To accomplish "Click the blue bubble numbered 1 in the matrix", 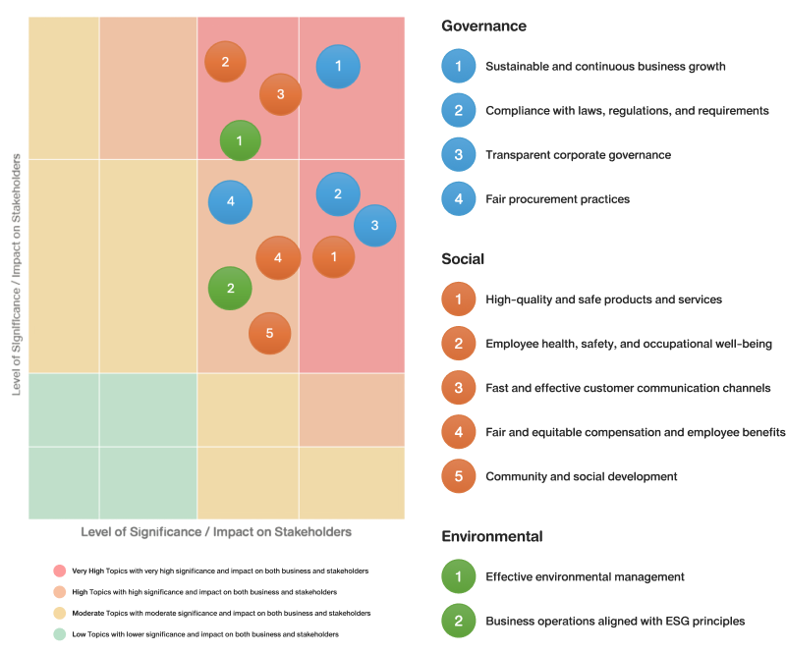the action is [338, 66].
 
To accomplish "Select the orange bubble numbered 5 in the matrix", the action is [269, 333].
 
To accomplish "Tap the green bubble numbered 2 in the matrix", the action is [230, 288].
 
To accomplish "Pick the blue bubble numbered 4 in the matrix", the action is [230, 202].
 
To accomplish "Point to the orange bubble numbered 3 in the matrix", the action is [281, 94].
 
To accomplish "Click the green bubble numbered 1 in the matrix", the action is [240, 140].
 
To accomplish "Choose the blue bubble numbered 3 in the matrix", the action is [375, 226].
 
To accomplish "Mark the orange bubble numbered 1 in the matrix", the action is [334, 257].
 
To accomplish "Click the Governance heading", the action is [483, 27].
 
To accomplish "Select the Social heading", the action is [463, 259].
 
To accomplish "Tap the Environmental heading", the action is [492, 536].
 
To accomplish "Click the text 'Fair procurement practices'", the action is [557, 199].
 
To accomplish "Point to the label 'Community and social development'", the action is [581, 476].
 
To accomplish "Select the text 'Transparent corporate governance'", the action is [578, 155].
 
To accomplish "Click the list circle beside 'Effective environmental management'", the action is [458, 576].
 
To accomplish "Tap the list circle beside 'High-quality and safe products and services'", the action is [458, 299].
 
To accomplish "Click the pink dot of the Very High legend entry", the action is [60, 571].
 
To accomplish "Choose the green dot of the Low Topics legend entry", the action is [60, 634].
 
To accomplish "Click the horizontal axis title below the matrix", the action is [216, 532].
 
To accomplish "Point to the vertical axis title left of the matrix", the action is [16, 275].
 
